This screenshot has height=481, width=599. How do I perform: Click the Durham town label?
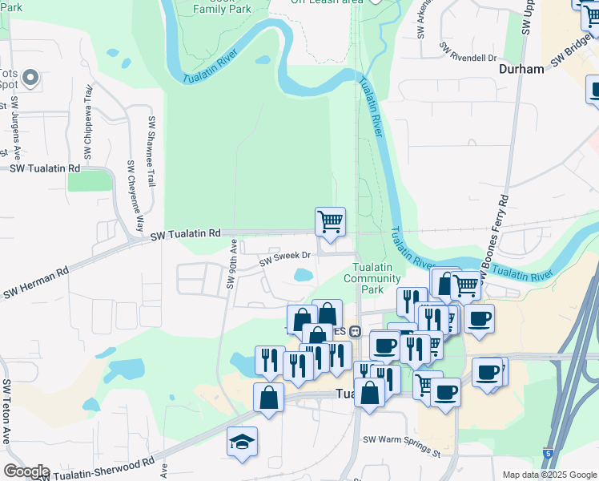[x=521, y=69]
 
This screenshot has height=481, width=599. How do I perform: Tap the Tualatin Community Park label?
[x=372, y=277]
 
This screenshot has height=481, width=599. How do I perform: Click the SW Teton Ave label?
[x=6, y=411]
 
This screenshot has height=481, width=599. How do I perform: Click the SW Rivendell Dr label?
[x=468, y=58]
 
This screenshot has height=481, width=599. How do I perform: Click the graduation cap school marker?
[x=242, y=443]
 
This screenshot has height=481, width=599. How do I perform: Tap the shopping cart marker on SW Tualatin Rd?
[x=330, y=221]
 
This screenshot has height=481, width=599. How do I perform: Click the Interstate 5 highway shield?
[x=548, y=454]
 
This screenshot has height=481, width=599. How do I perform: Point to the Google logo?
[x=26, y=471]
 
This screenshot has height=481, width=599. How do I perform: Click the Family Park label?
[x=223, y=9]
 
